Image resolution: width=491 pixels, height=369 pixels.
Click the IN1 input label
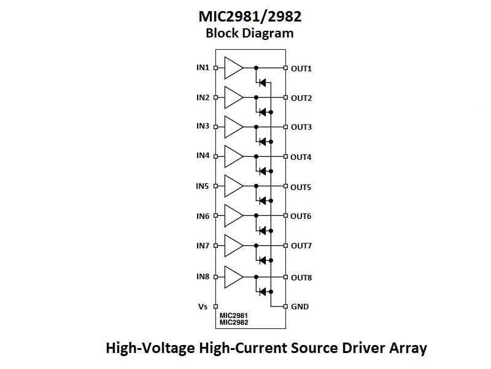pos(203,67)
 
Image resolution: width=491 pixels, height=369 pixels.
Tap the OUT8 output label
pos(301,277)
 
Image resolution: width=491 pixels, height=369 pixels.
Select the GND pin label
pos(300,306)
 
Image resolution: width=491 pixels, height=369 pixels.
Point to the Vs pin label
pos(203,306)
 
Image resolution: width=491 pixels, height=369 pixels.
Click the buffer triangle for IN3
pos(234,127)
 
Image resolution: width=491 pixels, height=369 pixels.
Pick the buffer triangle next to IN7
pos(234,245)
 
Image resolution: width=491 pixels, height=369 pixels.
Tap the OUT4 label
pos(301,157)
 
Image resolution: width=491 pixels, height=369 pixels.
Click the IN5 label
pos(203,186)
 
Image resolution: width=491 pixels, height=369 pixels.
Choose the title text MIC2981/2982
pos(250,15)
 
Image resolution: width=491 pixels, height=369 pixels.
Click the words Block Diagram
pos(250,33)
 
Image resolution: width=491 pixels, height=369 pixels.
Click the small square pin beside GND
pos(285,306)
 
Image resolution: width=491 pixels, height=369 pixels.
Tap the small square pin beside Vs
pos(215,306)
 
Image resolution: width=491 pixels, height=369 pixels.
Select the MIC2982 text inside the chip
pos(234,322)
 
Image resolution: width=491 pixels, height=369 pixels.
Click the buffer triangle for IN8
pos(234,277)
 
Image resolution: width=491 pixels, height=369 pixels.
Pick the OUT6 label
pos(301,216)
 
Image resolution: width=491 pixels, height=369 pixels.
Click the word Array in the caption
pos(406,348)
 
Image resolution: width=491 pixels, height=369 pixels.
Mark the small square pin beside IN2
pos(215,97)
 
